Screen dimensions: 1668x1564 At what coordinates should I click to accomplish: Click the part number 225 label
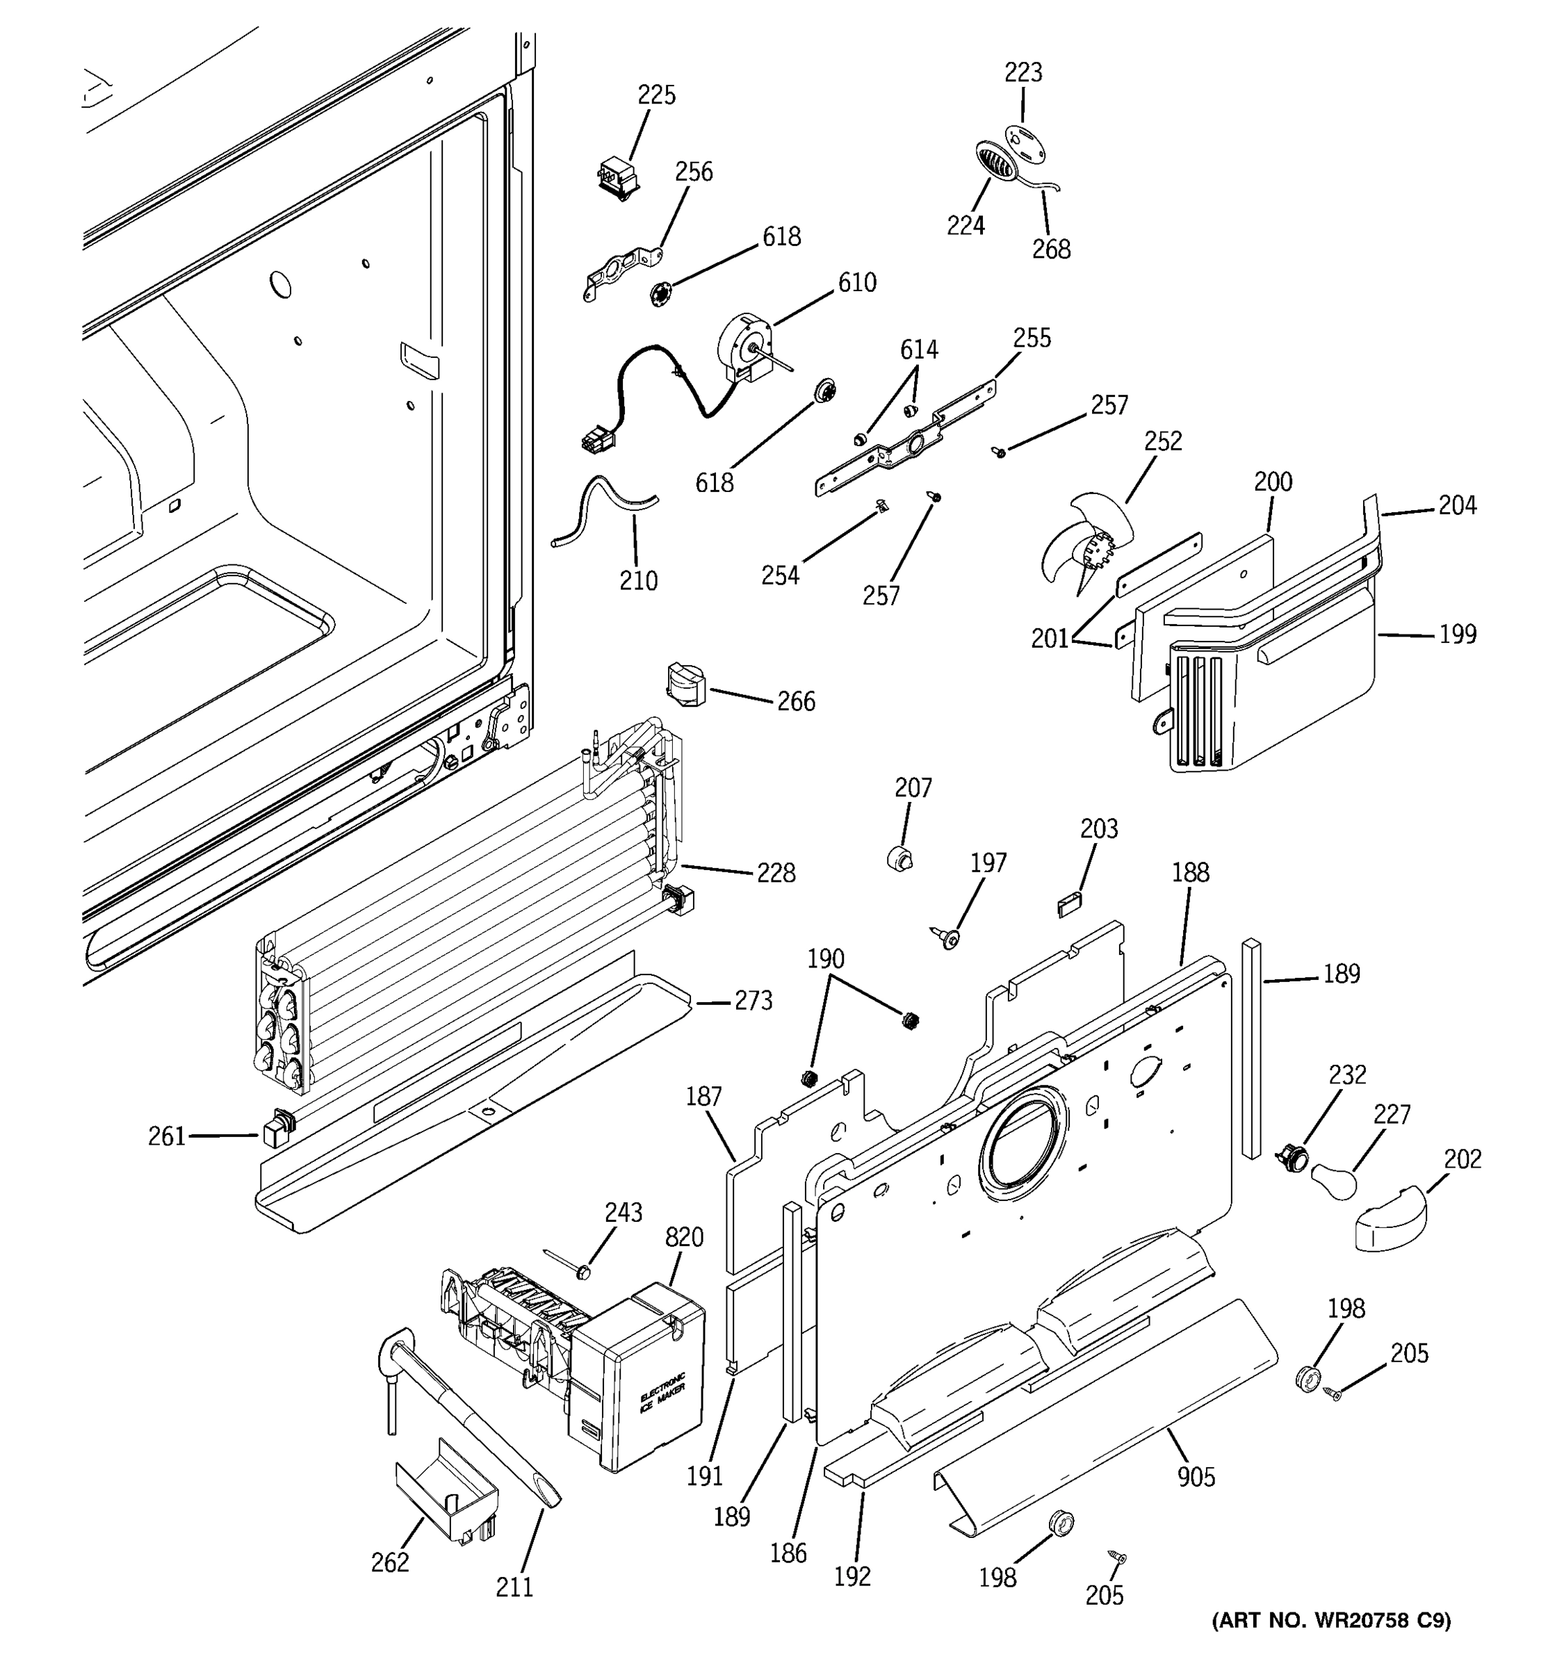[656, 95]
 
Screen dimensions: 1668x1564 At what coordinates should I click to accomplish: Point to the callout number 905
[1196, 1477]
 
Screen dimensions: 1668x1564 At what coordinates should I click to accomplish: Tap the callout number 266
[795, 701]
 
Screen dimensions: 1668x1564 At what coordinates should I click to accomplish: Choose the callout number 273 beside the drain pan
[753, 1000]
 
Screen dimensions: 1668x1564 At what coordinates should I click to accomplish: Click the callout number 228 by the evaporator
[775, 874]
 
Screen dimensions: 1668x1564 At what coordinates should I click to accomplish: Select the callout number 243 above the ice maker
[624, 1212]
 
